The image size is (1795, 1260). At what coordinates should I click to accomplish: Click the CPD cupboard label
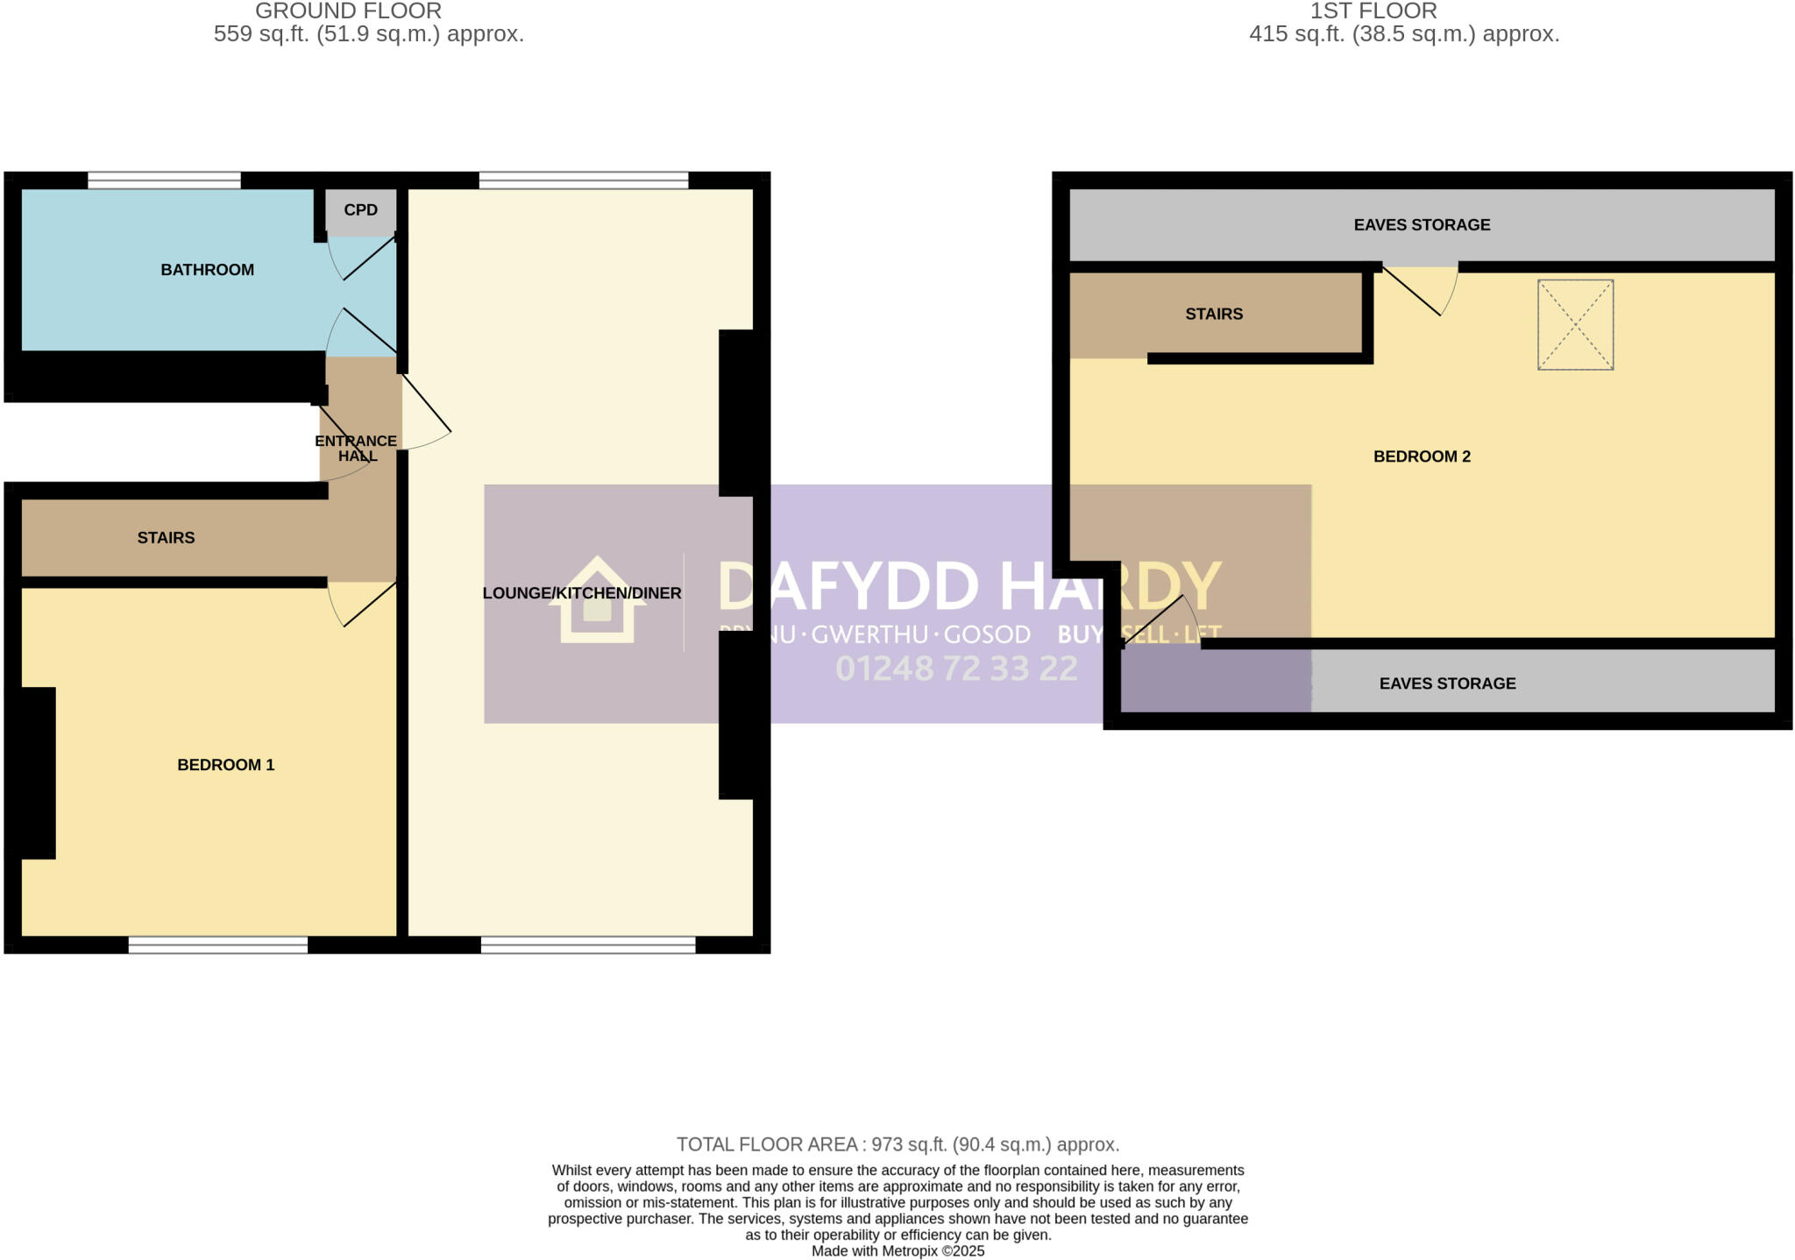coord(360,210)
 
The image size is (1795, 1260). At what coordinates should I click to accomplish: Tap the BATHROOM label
coord(207,270)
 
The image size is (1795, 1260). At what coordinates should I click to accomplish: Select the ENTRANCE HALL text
coord(356,448)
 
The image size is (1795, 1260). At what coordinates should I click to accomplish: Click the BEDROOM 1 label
coord(225,765)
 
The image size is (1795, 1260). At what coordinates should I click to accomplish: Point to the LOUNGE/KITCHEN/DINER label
coord(581,593)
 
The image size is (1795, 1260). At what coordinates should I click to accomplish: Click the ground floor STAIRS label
coord(166,538)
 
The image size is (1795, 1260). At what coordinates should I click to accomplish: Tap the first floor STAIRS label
coord(1214,314)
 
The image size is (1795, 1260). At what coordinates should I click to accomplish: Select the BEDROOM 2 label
coord(1422,457)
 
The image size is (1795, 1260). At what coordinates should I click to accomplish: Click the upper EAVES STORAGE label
coord(1422,225)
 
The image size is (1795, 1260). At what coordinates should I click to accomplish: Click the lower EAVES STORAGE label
coord(1447,683)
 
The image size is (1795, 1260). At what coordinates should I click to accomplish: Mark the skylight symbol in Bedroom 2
coord(1575,325)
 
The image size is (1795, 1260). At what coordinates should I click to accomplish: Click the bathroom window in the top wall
coord(164,181)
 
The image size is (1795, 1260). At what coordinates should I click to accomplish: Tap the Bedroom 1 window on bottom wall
coord(218,945)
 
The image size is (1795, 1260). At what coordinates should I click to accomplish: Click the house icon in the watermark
coord(597,603)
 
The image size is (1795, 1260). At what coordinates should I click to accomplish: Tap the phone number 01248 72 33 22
coord(956,669)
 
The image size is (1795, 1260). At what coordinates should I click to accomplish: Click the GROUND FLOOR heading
coord(348,11)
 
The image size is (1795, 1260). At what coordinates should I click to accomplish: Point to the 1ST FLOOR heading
coord(1373,11)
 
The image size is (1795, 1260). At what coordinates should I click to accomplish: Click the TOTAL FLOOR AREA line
coord(897,1144)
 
